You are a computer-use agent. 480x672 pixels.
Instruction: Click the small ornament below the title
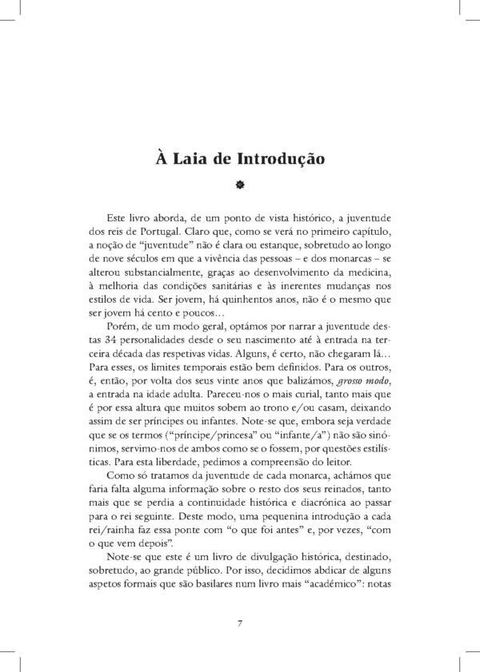point(239,185)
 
